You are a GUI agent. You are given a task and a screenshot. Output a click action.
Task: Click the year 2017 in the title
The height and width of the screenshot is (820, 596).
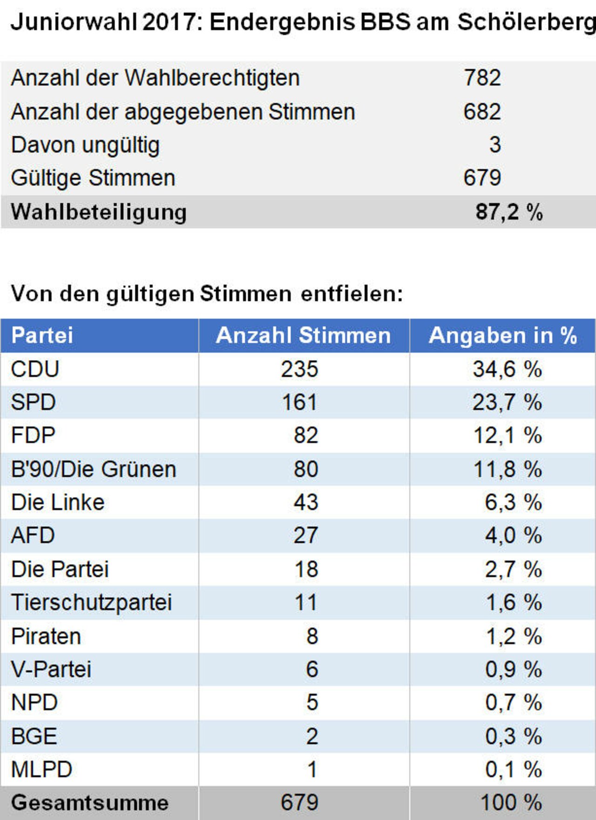pyautogui.click(x=171, y=22)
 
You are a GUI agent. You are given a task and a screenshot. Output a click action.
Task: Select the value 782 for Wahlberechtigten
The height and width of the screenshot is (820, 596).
pyautogui.click(x=482, y=78)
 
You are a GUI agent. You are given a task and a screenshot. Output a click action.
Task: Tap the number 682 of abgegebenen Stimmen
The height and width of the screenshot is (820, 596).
pyautogui.click(x=482, y=112)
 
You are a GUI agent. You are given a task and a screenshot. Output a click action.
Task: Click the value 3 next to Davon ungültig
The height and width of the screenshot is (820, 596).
pyautogui.click(x=495, y=145)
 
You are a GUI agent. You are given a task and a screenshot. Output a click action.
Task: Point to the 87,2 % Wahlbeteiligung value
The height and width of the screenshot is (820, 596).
pyautogui.click(x=509, y=212)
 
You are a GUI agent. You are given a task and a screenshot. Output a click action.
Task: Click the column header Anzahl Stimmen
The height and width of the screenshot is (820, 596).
pyautogui.click(x=303, y=336)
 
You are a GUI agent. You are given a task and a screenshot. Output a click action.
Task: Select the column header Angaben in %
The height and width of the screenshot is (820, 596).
pyautogui.click(x=503, y=336)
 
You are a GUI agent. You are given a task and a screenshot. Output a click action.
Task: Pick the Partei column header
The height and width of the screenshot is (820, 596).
pyautogui.click(x=42, y=336)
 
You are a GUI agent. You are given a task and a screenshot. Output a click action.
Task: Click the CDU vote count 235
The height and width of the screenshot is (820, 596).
pyautogui.click(x=299, y=369)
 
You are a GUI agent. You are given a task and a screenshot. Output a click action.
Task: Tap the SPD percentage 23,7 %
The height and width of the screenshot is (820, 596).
pyautogui.click(x=507, y=402)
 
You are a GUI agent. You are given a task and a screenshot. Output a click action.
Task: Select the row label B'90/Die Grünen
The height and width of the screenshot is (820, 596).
pyautogui.click(x=94, y=469)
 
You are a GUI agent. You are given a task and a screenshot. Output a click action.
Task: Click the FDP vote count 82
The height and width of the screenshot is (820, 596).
pyautogui.click(x=306, y=436)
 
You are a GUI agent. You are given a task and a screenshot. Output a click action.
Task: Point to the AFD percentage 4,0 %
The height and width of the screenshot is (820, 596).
pyautogui.click(x=513, y=536)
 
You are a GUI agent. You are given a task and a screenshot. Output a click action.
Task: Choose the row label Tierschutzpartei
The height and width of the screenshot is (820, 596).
pyautogui.click(x=91, y=602)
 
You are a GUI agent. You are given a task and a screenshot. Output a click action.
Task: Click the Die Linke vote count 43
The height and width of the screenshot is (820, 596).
pyautogui.click(x=306, y=502)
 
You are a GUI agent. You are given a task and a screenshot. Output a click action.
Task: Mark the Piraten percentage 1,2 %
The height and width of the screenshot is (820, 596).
pyautogui.click(x=513, y=636)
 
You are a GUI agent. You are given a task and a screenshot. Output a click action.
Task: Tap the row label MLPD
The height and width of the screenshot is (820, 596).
pyautogui.click(x=41, y=769)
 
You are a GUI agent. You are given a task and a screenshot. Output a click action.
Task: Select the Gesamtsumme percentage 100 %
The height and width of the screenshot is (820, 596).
pyautogui.click(x=510, y=803)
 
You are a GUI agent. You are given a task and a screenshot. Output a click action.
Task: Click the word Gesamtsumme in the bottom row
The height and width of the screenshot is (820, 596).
pyautogui.click(x=90, y=803)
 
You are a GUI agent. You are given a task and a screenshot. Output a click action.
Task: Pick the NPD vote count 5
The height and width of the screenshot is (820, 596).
pyautogui.click(x=312, y=702)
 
